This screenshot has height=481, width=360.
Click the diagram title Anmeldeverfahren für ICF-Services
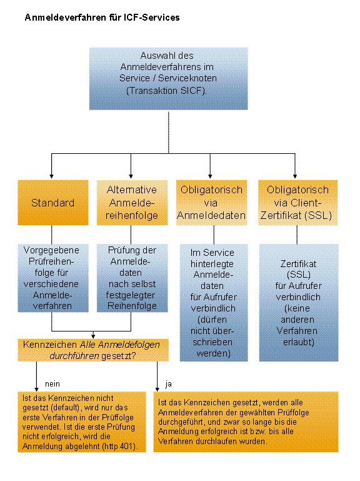pyautogui.click(x=102, y=18)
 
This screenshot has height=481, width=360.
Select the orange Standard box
pyautogui.click(x=53, y=203)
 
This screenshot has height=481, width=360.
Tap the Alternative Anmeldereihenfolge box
pyautogui.click(x=131, y=203)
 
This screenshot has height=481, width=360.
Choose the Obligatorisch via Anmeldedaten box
pyautogui.click(x=214, y=203)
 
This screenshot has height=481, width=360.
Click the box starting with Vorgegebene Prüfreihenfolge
pyautogui.click(x=53, y=278)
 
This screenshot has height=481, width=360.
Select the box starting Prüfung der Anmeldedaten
pyautogui.click(x=131, y=278)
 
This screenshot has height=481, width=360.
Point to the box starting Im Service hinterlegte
pyautogui.click(x=214, y=303)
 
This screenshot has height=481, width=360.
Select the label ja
pyautogui.click(x=168, y=383)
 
